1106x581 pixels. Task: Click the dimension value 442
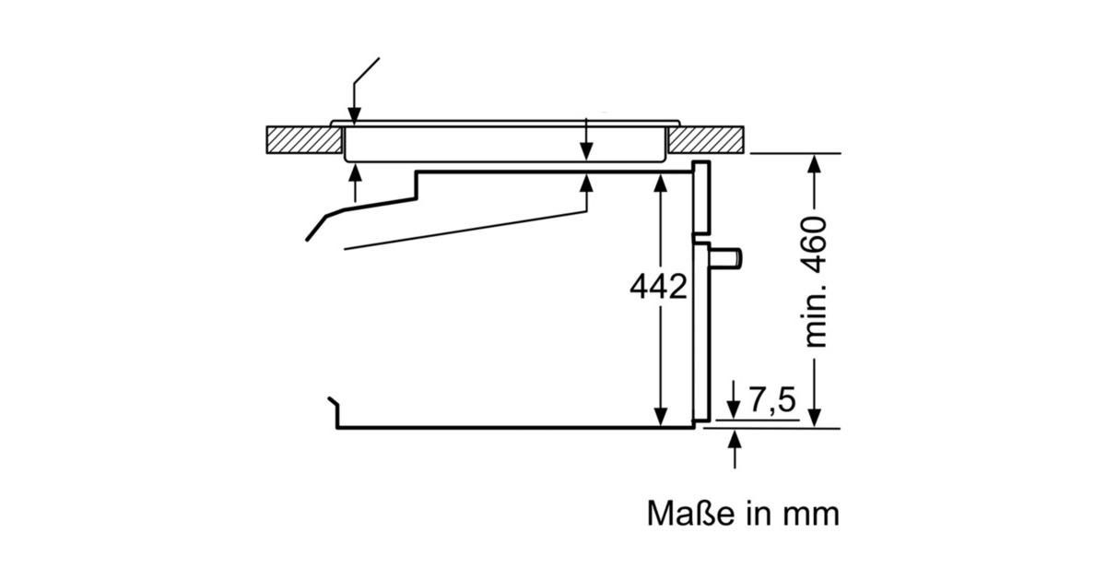(x=658, y=288)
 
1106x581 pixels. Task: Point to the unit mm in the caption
(x=812, y=514)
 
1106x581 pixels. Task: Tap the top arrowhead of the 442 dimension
(x=660, y=183)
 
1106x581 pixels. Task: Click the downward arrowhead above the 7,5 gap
(x=734, y=410)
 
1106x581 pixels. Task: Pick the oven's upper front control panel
(x=702, y=198)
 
